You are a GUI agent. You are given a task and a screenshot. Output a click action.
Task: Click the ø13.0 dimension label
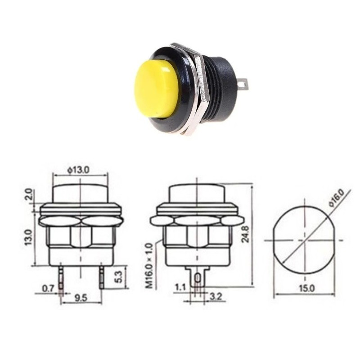80,170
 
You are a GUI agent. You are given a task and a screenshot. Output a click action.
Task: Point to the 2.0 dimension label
28,195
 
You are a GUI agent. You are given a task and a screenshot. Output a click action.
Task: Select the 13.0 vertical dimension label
28,237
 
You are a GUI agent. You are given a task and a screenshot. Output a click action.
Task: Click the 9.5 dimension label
81,297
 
